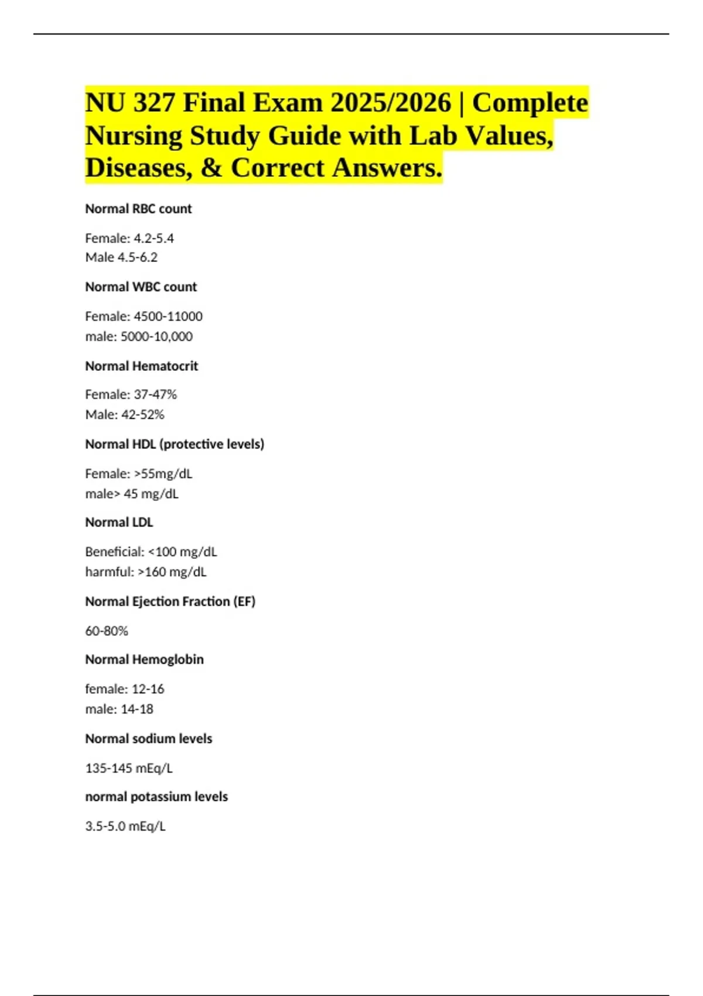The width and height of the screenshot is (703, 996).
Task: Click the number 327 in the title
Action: (154, 103)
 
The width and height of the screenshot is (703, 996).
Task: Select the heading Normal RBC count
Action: (138, 209)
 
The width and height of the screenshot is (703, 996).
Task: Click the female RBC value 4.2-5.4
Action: (153, 238)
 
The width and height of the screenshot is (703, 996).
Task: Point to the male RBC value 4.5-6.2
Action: (137, 258)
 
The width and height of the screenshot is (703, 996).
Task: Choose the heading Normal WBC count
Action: (141, 287)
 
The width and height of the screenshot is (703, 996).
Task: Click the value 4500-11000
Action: (168, 316)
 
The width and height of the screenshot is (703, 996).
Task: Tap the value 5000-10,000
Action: (156, 337)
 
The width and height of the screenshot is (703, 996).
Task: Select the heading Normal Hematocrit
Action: (141, 366)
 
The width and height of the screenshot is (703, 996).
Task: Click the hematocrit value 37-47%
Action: (155, 395)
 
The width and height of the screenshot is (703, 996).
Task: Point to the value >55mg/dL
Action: (163, 473)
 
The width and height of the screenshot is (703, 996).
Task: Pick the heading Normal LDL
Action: (119, 523)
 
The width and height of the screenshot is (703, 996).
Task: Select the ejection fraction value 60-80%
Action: (107, 631)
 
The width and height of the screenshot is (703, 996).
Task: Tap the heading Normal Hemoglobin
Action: (144, 660)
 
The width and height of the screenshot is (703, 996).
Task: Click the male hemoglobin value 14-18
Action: (136, 710)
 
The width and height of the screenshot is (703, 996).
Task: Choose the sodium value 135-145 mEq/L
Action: (129, 768)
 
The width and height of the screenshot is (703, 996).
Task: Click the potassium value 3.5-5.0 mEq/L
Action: (125, 826)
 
